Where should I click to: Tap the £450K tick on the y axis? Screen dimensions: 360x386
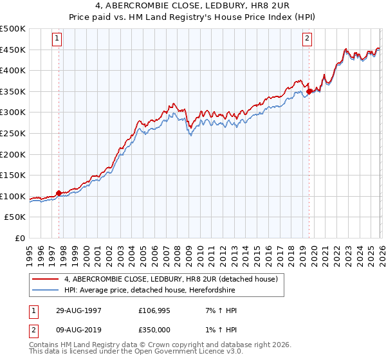click(13, 50)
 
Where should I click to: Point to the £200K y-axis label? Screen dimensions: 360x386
click(13, 154)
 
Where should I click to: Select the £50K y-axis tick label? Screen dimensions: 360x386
click(15, 217)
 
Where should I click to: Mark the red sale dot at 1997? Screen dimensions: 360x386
click(59, 193)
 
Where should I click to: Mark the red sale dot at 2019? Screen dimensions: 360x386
click(309, 91)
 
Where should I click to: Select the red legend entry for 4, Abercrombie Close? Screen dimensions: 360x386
click(171, 279)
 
